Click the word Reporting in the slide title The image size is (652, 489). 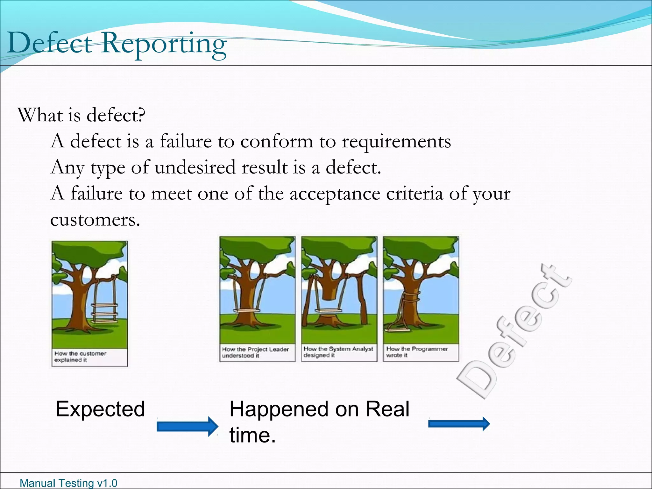[x=164, y=45]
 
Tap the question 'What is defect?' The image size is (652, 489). [x=81, y=115]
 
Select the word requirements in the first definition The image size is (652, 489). [x=396, y=142]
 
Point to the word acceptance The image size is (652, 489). [x=335, y=194]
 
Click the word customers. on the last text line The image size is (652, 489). [x=95, y=220]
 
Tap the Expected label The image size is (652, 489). [x=100, y=409]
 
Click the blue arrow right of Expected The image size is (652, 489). [x=187, y=426]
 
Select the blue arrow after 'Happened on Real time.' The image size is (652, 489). [x=459, y=424]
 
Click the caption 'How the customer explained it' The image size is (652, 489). [x=80, y=357]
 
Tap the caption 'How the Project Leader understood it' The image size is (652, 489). [x=255, y=352]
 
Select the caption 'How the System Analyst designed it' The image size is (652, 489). [x=338, y=352]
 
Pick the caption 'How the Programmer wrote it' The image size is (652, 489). [x=417, y=352]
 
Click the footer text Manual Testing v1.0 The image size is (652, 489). [x=68, y=483]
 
